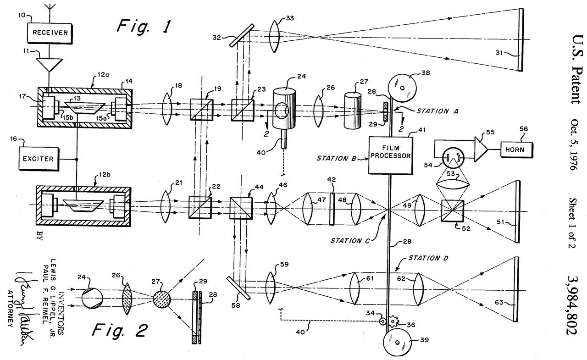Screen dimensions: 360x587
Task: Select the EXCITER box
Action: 39,159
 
